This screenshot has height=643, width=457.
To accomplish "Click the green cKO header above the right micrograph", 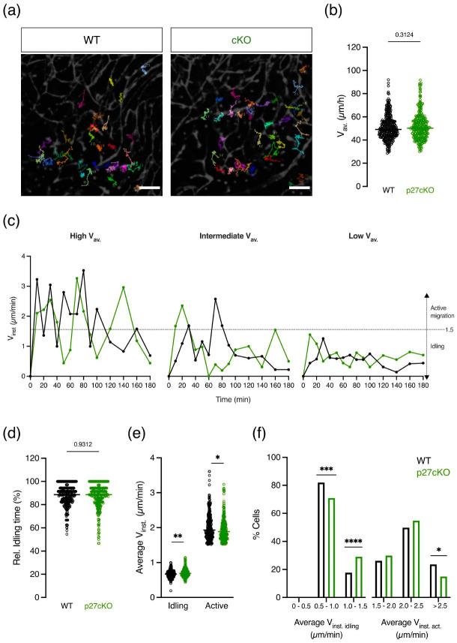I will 237,39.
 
